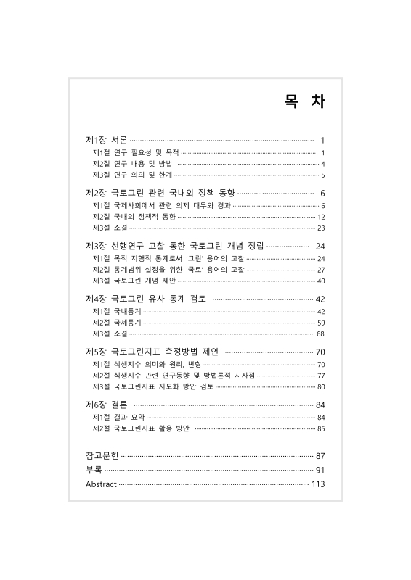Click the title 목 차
[x=304, y=102]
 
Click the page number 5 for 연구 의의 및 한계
[x=322, y=175]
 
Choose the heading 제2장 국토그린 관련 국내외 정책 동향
[x=160, y=194]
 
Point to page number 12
[x=321, y=217]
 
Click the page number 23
[x=321, y=228]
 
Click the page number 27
[x=321, y=270]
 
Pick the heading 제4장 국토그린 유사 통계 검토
[x=146, y=299]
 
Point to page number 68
[x=321, y=333]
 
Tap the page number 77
[x=321, y=376]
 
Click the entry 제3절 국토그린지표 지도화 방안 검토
[x=153, y=386]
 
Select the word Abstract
[x=101, y=484]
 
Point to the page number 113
[x=317, y=484]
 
